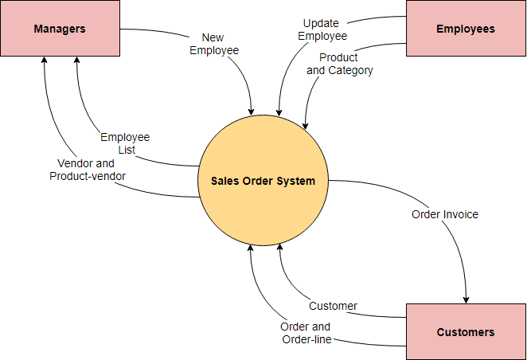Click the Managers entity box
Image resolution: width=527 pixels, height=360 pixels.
pos(60,29)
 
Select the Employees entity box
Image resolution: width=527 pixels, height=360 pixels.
pos(465,29)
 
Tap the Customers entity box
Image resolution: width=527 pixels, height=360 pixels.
pos(465,331)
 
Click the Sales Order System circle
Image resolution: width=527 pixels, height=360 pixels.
pos(263,181)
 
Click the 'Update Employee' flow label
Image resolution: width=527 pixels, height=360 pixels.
pos(322,29)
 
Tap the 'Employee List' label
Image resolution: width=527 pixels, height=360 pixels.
pos(125,143)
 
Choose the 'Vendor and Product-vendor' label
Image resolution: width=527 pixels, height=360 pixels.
pos(88,170)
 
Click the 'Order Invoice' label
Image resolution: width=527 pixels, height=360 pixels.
pos(445,214)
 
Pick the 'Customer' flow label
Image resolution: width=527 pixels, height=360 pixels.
pos(333,306)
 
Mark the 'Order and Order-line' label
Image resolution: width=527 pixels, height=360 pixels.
pos(305,333)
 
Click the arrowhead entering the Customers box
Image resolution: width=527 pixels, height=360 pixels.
pos(466,298)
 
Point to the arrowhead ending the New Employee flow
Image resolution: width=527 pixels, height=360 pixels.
pos(252,110)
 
